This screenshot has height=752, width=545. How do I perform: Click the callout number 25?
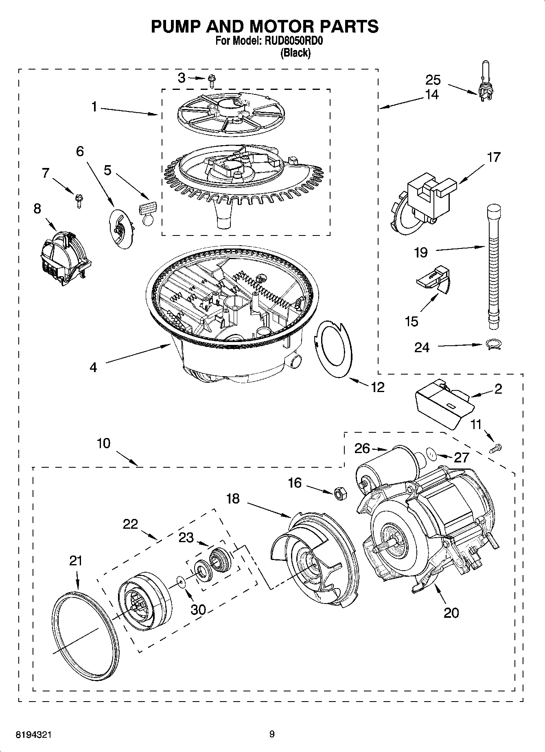(433, 79)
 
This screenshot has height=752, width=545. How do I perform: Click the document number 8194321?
(34, 735)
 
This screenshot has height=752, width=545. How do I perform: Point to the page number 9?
(272, 734)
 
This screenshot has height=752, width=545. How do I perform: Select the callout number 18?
(233, 499)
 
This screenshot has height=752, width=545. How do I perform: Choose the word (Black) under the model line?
(295, 53)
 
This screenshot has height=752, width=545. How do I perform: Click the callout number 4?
(93, 367)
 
